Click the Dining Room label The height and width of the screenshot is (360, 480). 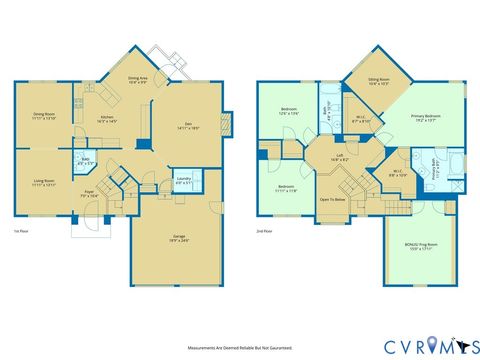click(x=43, y=117)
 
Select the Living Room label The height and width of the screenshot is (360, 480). click(x=43, y=155)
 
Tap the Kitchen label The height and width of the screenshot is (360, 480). click(x=107, y=117)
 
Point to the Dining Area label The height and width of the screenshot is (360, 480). click(x=139, y=79)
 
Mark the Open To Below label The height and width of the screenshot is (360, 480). click(x=333, y=199)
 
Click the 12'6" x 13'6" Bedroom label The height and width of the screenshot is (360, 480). click(x=288, y=111)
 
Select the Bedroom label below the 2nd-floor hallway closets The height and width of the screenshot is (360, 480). click(x=286, y=188)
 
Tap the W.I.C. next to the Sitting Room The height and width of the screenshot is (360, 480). click(x=359, y=119)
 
